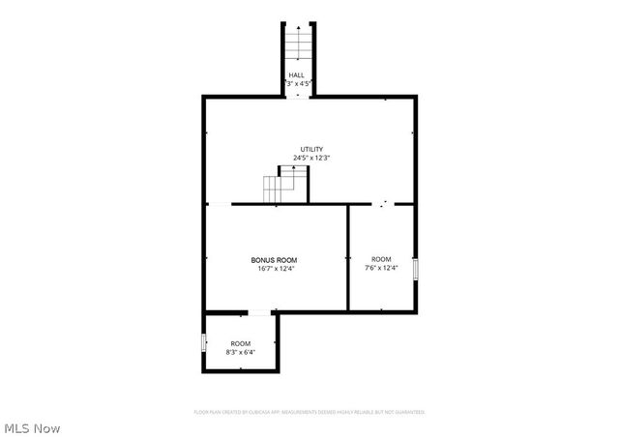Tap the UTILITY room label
(310, 150)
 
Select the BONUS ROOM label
(274, 261)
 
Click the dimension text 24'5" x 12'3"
(310, 158)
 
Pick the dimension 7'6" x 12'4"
(382, 268)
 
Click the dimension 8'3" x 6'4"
(240, 352)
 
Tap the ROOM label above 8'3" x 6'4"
(240, 344)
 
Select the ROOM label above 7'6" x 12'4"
(382, 259)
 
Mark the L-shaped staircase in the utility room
(287, 184)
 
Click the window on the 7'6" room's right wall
(416, 269)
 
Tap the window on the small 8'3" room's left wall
(203, 342)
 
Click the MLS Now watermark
(32, 426)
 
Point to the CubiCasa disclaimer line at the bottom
(309, 412)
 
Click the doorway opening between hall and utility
(298, 96)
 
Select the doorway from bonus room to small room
(259, 312)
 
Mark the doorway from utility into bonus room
(220, 204)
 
